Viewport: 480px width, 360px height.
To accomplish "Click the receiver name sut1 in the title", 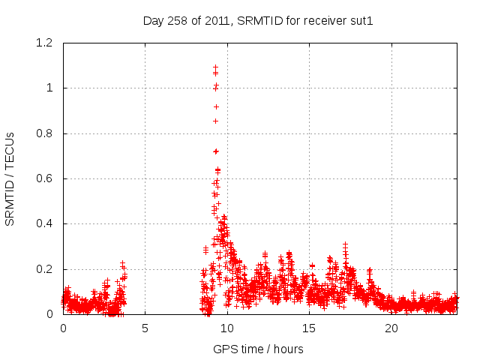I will [x=361, y=21].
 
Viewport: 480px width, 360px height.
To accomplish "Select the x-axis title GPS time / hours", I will [x=258, y=349].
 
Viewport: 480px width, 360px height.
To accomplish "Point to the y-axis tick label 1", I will [x=50, y=88].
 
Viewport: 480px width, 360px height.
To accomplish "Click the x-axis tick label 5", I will [x=145, y=328].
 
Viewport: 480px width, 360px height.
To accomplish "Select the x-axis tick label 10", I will [x=227, y=328].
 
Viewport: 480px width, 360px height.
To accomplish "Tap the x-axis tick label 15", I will [x=309, y=328].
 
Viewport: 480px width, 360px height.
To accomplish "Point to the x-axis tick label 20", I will [x=391, y=328].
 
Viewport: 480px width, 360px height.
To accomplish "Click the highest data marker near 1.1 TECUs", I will [x=215, y=67].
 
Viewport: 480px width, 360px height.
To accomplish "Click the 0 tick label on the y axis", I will [x=50, y=314].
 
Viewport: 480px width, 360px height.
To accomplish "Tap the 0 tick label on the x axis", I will [x=63, y=328].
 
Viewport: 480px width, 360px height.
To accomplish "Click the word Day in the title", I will [x=153, y=21].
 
